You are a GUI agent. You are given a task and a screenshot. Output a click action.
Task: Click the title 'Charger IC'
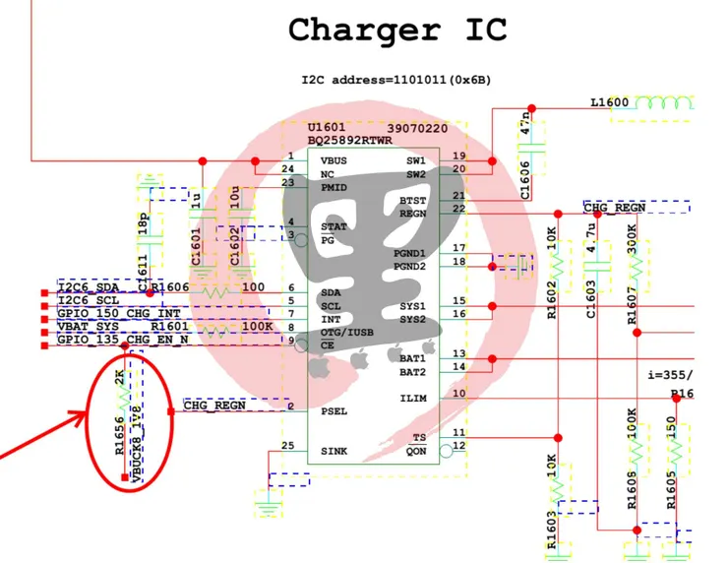[397, 30]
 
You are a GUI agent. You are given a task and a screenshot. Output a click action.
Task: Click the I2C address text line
[397, 79]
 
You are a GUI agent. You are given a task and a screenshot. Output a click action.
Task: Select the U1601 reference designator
[326, 129]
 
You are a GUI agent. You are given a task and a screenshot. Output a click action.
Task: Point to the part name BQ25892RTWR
[350, 141]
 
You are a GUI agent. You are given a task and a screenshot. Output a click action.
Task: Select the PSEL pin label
[334, 410]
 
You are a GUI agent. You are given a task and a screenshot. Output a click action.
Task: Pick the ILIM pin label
[413, 398]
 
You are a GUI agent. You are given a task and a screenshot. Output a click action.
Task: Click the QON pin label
[416, 451]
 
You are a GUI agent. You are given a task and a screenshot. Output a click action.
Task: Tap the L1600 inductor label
[610, 102]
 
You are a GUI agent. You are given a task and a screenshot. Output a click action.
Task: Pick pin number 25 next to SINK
[287, 446]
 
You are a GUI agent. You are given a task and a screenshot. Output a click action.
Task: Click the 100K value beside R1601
[257, 326]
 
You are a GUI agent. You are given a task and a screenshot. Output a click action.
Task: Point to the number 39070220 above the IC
[417, 129]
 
